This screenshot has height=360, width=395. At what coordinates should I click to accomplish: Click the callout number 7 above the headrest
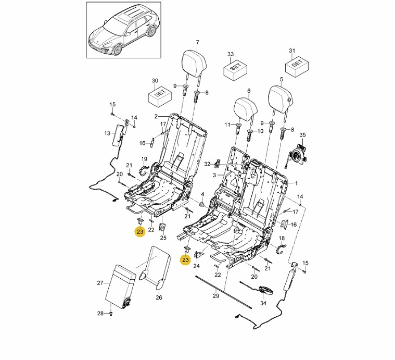click(197, 42)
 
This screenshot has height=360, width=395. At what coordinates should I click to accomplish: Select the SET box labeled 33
click(236, 68)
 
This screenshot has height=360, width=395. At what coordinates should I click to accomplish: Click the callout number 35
click(302, 135)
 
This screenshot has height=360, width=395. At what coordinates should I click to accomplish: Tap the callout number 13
click(107, 133)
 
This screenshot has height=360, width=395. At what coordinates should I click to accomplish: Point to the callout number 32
click(207, 164)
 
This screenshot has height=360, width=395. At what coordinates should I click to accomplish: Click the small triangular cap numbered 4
click(202, 204)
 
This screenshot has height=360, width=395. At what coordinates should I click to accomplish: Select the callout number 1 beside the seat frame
click(296, 183)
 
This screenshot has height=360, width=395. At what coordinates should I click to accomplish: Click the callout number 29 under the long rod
click(216, 296)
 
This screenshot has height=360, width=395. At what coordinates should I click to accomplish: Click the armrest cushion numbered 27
click(121, 286)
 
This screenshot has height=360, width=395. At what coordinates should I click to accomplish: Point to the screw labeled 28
click(111, 313)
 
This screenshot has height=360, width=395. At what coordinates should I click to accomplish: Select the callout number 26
click(159, 297)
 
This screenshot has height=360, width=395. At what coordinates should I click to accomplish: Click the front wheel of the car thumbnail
click(117, 49)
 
